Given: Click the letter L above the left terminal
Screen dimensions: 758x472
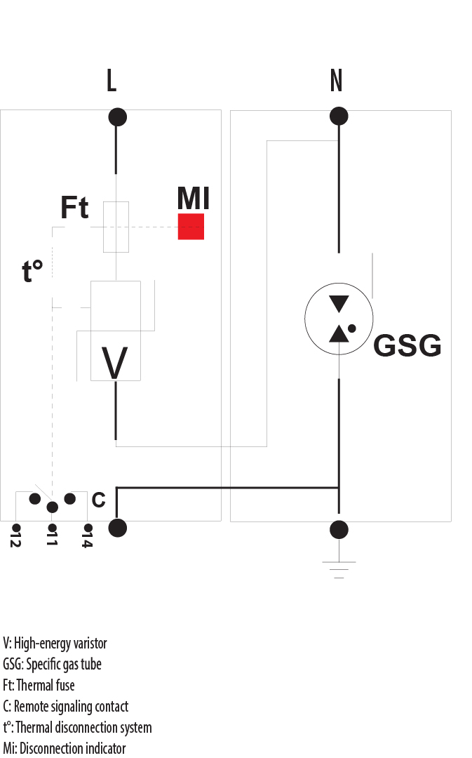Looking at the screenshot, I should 112,81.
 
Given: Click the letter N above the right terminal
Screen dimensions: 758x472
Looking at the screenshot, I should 336,81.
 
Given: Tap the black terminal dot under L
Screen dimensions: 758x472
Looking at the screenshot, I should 117,117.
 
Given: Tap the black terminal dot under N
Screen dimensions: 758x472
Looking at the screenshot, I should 339,116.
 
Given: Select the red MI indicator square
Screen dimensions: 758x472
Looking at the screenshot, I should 191,227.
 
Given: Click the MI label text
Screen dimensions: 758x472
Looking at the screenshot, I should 193,199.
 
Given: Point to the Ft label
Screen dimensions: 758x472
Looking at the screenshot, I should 74,208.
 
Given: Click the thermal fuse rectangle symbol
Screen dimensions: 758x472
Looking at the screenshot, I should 116,226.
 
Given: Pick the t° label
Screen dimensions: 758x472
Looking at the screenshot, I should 32,271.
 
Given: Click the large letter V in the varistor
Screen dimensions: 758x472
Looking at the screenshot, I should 115,364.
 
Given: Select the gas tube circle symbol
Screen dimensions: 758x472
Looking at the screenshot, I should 339,319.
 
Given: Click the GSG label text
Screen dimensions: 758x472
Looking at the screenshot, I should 407,346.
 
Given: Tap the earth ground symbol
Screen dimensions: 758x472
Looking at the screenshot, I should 339,568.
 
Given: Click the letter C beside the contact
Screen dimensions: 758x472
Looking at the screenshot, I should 99,500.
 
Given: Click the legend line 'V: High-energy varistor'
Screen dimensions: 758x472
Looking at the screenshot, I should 55,643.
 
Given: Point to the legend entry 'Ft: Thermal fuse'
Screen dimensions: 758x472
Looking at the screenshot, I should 39,685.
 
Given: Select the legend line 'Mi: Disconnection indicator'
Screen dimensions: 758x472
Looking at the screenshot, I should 65,748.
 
